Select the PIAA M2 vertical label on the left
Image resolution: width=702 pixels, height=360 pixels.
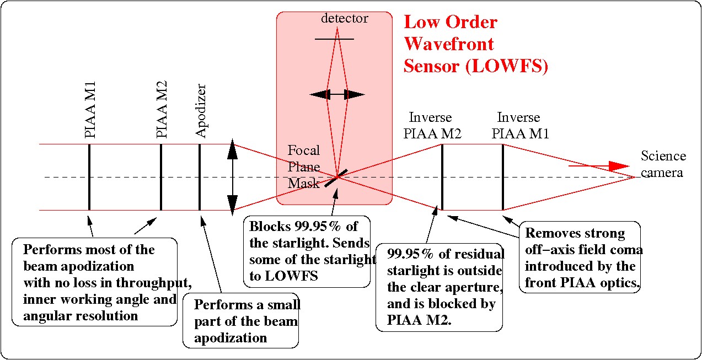pyautogui.click(x=162, y=109)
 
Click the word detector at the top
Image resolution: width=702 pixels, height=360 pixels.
pyautogui.click(x=345, y=19)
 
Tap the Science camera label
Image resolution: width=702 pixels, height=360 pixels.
pyautogui.click(x=663, y=164)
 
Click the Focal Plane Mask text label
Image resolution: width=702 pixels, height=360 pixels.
pyautogui.click(x=304, y=166)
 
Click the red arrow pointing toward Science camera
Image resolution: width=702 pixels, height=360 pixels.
pyautogui.click(x=599, y=165)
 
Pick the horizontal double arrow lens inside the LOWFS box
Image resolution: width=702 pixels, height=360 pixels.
pyautogui.click(x=337, y=95)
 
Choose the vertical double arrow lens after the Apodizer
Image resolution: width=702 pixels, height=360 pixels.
pyautogui.click(x=233, y=177)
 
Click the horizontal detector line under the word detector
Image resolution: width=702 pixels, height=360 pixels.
pyautogui.click(x=335, y=39)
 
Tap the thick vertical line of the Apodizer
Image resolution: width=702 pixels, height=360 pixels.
pyautogui.click(x=200, y=177)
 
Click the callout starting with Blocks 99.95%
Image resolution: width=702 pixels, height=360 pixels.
pyautogui.click(x=307, y=251)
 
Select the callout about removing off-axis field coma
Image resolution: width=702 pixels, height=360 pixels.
pyautogui.click(x=580, y=258)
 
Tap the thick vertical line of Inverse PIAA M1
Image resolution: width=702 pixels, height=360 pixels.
pyautogui.click(x=503, y=177)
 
